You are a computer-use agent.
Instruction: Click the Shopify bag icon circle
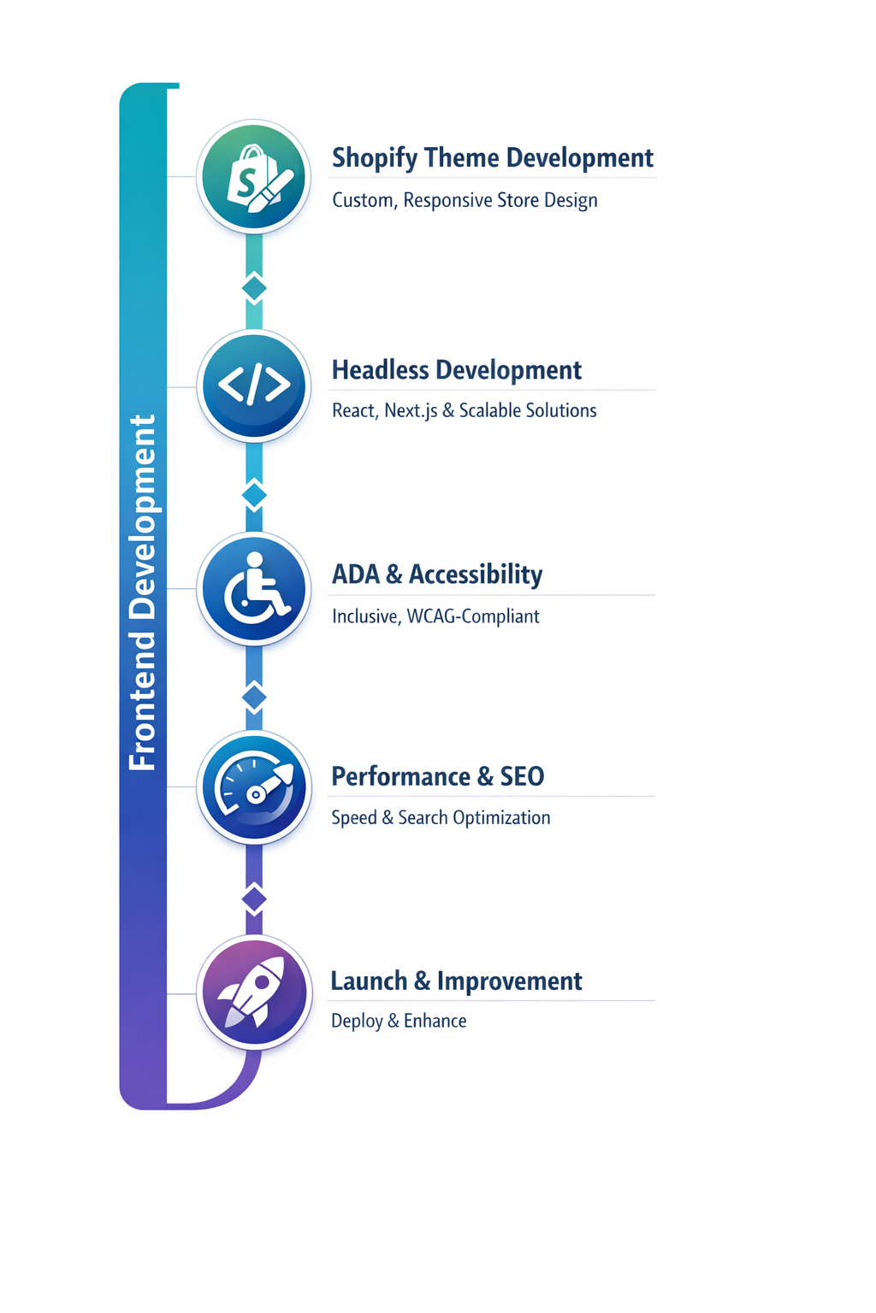click(254, 177)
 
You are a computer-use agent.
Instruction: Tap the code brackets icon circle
click(254, 386)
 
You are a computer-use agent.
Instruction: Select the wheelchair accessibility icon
click(254, 588)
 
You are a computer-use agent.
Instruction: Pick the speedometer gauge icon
click(254, 787)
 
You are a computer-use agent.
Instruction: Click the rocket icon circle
click(254, 992)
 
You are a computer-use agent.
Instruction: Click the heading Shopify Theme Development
click(492, 158)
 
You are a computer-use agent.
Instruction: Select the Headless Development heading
click(456, 370)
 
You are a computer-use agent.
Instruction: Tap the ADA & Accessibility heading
click(436, 574)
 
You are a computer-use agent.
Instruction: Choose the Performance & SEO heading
click(437, 776)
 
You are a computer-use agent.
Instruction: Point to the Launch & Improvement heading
click(456, 980)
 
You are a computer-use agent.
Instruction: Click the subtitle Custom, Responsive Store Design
click(465, 200)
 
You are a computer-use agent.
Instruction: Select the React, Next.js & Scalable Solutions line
click(464, 410)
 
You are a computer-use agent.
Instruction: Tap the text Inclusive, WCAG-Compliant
click(435, 616)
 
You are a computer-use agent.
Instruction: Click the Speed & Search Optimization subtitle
click(441, 818)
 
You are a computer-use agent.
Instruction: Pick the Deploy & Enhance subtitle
click(399, 1021)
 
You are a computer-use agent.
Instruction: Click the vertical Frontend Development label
click(142, 592)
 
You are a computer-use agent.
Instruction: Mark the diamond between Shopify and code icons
click(254, 288)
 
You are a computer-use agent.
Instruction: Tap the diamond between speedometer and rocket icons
click(254, 899)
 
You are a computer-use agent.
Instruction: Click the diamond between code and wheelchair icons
click(254, 495)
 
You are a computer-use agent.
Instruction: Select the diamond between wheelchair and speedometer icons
click(254, 698)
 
